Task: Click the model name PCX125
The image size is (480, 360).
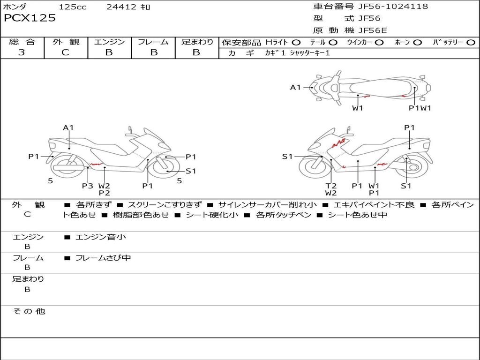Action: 30,18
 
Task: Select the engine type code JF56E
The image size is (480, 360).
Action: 373,30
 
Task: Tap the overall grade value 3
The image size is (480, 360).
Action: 22,52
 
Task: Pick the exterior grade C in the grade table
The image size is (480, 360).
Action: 66,52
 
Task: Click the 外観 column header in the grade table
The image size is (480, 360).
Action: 66,42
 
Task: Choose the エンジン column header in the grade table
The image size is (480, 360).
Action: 109,42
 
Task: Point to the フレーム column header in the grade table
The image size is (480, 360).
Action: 153,42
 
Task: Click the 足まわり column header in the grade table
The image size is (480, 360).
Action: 197,42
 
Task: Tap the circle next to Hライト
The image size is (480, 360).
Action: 296,43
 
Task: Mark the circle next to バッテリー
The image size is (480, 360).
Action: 471,43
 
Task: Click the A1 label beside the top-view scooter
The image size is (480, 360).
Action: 295,87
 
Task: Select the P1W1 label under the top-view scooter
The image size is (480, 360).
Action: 419,108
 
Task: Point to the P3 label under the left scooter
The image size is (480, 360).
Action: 88,186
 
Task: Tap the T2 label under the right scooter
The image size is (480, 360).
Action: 331,186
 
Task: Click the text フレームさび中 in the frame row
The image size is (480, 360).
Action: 103,258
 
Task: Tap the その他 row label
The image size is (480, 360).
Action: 29,311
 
